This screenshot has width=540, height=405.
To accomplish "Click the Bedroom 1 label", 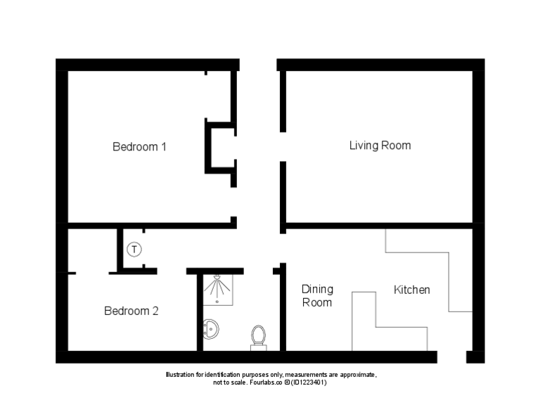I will coord(139,147).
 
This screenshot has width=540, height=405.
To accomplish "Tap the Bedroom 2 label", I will coord(131,311).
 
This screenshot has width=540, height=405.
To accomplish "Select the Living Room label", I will coord(380,146).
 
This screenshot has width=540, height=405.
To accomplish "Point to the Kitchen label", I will coord(411,290).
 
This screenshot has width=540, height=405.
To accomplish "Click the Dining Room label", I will coord(317,295).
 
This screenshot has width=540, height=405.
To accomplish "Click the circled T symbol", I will coord(134,249).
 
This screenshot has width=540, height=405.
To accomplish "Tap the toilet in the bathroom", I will coord(259,336).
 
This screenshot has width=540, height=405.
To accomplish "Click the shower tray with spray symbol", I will coord(218,288).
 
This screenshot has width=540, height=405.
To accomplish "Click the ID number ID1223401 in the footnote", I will coord(307,382).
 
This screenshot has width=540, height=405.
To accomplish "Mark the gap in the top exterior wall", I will coord(258,65).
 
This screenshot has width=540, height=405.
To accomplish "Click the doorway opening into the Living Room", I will coord(283,146).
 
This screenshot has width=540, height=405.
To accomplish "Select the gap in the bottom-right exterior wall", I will coord(451,357).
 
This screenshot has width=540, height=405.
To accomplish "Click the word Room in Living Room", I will coord(397,146).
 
